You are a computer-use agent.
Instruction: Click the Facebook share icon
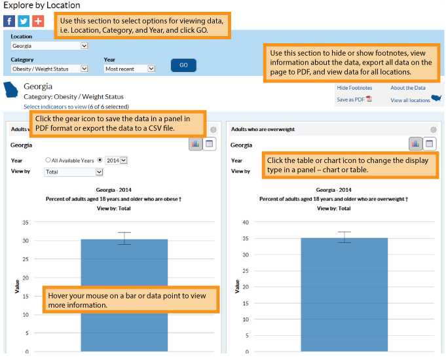click(x=10, y=20)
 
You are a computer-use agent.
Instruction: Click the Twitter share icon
click(x=24, y=20)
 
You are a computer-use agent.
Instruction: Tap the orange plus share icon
click(x=37, y=20)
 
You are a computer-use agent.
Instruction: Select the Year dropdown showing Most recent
click(x=130, y=69)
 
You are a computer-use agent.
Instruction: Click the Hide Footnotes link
click(x=354, y=88)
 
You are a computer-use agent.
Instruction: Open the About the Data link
click(x=407, y=88)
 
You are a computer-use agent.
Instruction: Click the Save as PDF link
click(x=351, y=99)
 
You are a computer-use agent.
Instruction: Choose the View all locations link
click(x=411, y=100)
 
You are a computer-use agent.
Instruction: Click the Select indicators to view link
click(x=55, y=107)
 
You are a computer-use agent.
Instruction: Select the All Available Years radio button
click(x=48, y=160)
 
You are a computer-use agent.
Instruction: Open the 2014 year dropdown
click(x=116, y=160)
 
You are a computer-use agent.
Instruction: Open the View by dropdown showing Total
click(x=73, y=172)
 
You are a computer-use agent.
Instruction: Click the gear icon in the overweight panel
click(x=433, y=130)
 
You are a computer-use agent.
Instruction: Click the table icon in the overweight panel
click(x=430, y=143)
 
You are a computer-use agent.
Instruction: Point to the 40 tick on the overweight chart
click(x=246, y=223)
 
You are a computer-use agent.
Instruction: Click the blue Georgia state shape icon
click(x=12, y=90)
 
